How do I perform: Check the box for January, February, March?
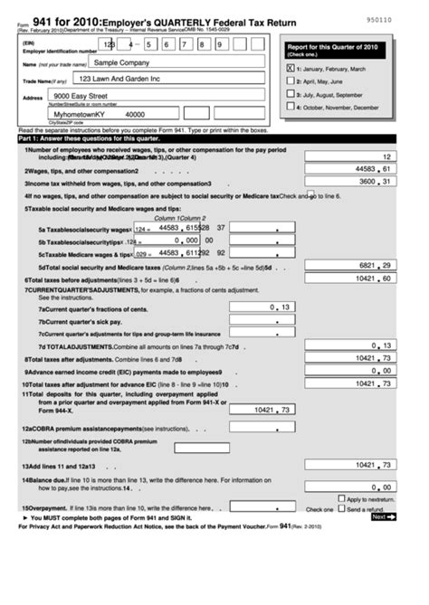pyautogui.click(x=290, y=67)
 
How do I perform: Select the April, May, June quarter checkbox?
pyautogui.click(x=290, y=80)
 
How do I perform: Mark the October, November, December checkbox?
pyautogui.click(x=290, y=106)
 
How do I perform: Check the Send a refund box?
pyautogui.click(x=341, y=509)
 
